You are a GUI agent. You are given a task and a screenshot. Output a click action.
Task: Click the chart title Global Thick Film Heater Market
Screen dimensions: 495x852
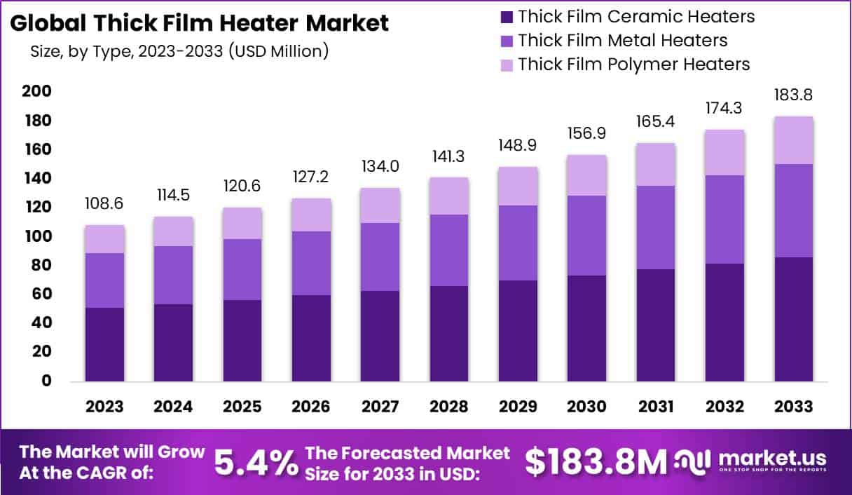[199, 23]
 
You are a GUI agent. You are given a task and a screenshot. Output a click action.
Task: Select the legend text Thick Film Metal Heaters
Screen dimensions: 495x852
[623, 40]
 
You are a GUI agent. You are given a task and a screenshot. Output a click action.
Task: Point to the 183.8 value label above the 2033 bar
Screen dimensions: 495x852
[794, 95]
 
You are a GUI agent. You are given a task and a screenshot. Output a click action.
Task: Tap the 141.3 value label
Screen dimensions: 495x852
[449, 155]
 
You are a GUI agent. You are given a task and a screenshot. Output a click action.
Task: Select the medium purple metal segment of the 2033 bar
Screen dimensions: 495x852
[794, 210]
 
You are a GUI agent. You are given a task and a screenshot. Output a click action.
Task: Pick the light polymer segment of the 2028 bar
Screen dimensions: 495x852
[449, 196]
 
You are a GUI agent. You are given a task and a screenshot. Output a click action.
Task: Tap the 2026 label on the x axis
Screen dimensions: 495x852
[312, 407]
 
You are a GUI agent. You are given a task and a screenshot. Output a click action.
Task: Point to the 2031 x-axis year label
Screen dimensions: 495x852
[656, 407]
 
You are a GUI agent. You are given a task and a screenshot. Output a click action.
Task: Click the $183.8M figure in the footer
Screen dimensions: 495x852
[596, 461]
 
